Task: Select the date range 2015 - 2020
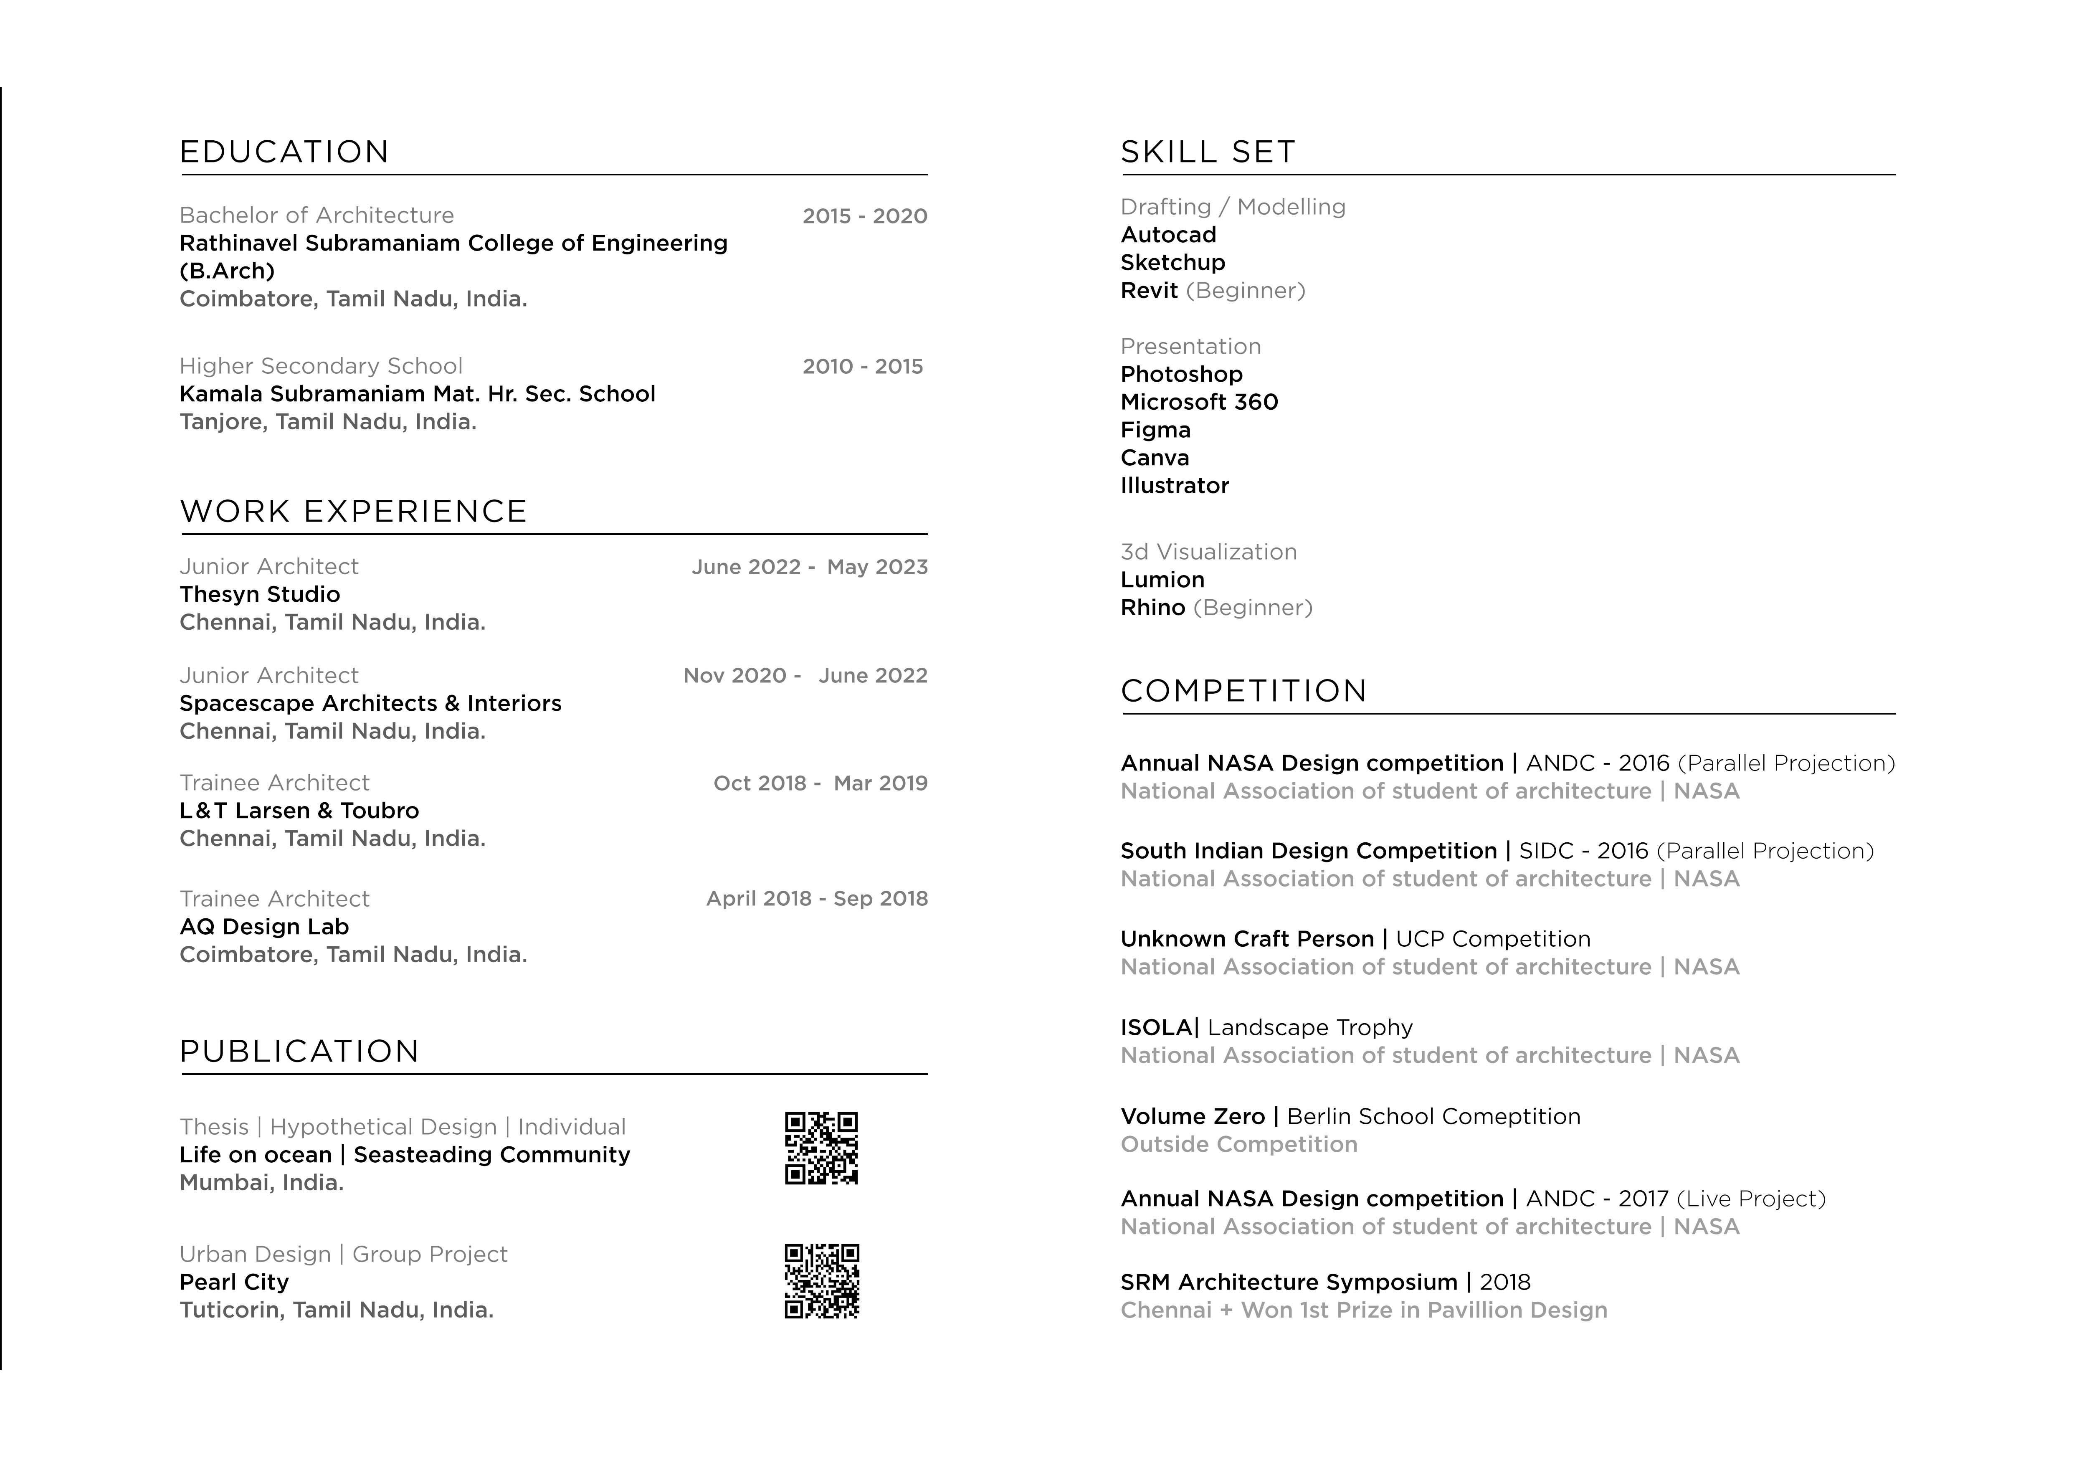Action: [864, 216]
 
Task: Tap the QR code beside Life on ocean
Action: [821, 1148]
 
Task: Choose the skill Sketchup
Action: [1172, 263]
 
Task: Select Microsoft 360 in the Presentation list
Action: [1199, 402]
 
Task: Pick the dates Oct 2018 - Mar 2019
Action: [820, 783]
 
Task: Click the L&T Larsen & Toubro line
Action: [299, 811]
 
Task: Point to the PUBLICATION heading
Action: [299, 1051]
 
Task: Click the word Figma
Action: [1155, 430]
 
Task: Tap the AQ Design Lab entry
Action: [264, 927]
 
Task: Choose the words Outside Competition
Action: [1238, 1144]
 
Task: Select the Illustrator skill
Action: [1174, 486]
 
